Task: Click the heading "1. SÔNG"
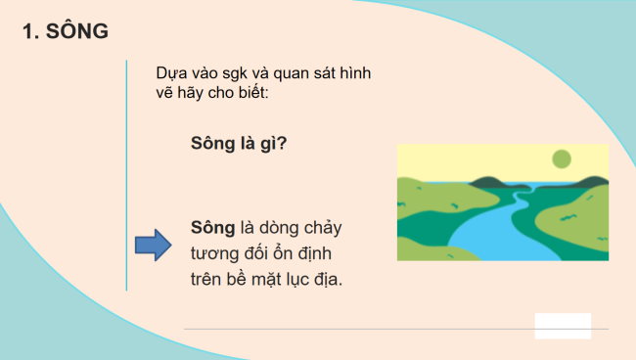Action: (65, 31)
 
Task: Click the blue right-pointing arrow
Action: (152, 245)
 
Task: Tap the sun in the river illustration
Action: (561, 158)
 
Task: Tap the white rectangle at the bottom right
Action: (563, 326)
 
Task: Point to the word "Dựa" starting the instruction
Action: (171, 74)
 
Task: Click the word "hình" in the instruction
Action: (354, 74)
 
